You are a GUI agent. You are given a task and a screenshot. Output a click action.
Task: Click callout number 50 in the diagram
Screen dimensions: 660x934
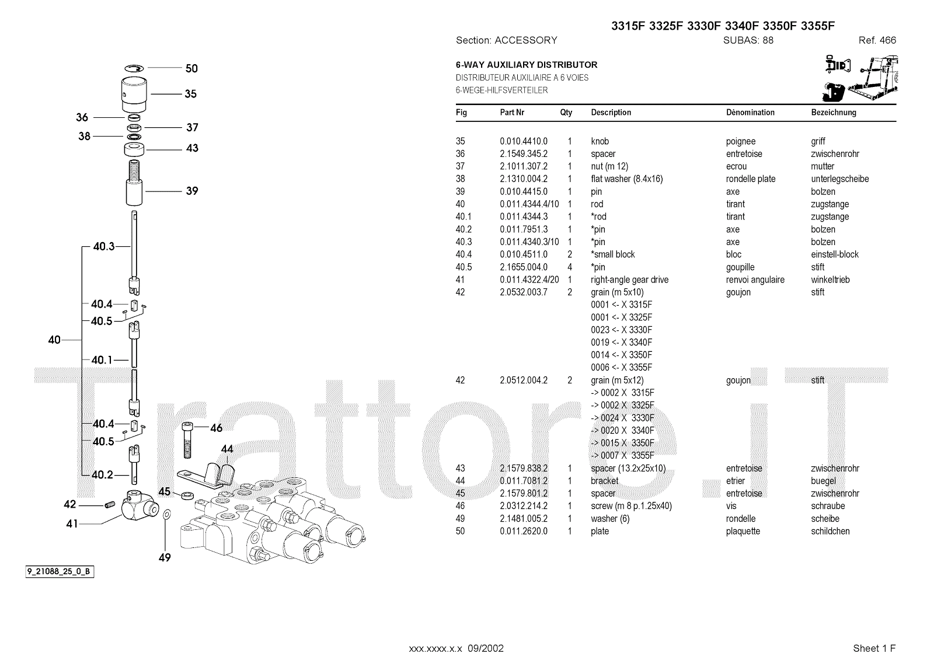(191, 68)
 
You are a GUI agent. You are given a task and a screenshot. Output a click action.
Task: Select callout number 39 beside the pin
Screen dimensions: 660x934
(191, 191)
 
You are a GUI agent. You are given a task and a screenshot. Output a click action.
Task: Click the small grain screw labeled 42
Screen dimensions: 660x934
(108, 505)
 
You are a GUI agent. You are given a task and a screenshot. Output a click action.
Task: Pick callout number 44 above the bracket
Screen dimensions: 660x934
(227, 449)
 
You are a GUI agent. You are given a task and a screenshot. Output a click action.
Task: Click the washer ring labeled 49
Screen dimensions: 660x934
(166, 515)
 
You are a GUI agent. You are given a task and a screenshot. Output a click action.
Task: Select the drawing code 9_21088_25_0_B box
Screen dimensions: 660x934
(59, 571)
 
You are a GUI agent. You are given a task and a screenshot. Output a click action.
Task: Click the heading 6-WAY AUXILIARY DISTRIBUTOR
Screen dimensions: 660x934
(526, 65)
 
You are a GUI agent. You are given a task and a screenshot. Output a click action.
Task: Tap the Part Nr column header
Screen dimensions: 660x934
(512, 113)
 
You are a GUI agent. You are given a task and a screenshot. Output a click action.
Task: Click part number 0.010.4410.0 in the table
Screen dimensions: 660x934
(524, 141)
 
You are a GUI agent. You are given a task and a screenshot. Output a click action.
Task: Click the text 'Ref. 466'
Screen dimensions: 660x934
(877, 40)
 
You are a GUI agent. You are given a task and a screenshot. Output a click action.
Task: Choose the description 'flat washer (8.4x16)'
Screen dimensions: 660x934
(627, 179)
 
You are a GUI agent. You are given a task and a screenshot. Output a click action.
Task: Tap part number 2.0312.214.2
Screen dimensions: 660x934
(524, 506)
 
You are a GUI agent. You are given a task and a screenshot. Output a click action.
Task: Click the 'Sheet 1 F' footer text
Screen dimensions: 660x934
(874, 648)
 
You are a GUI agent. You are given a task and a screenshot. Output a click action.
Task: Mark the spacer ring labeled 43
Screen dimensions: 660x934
(134, 149)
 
